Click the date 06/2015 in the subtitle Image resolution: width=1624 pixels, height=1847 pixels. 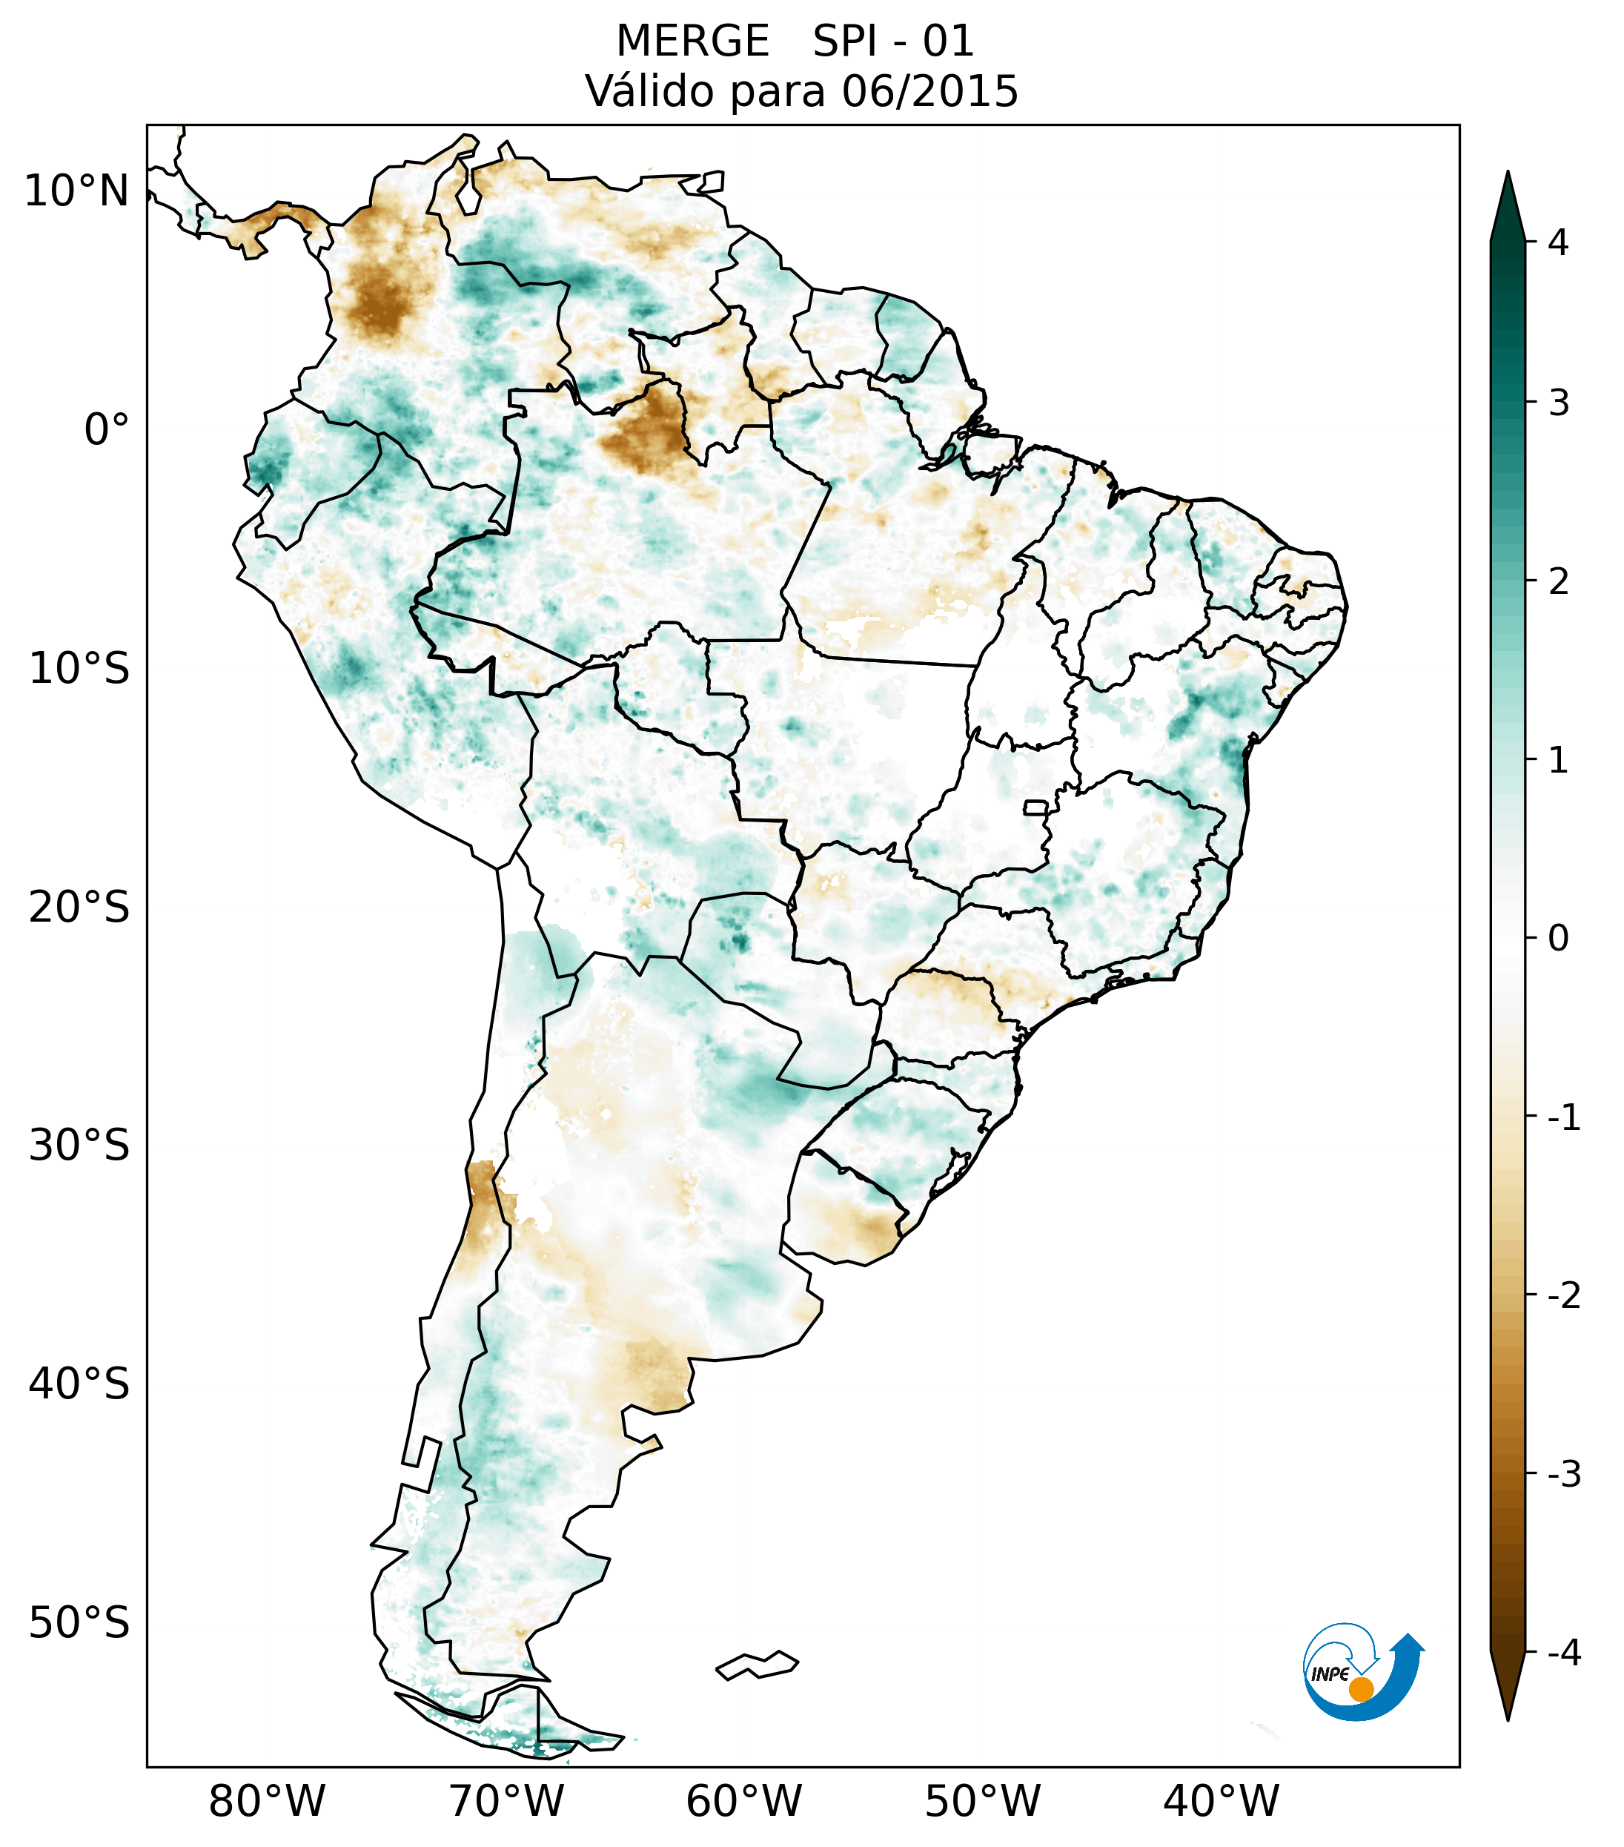tap(929, 91)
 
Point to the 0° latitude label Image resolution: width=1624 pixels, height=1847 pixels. tap(107, 429)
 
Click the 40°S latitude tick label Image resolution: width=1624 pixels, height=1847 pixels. tap(79, 1384)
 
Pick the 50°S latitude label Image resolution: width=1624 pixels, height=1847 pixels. tap(79, 1622)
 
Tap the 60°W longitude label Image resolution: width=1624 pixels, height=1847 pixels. tap(743, 1801)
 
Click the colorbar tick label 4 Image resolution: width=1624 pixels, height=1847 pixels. tap(1558, 242)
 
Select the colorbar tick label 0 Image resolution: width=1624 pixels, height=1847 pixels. tap(1558, 938)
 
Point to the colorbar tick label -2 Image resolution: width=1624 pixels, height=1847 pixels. tap(1563, 1295)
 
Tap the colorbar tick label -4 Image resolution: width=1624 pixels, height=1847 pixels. tap(1563, 1653)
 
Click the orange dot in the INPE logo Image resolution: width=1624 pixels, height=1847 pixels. tap(1360, 1689)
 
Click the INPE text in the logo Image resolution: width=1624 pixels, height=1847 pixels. tap(1330, 1674)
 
